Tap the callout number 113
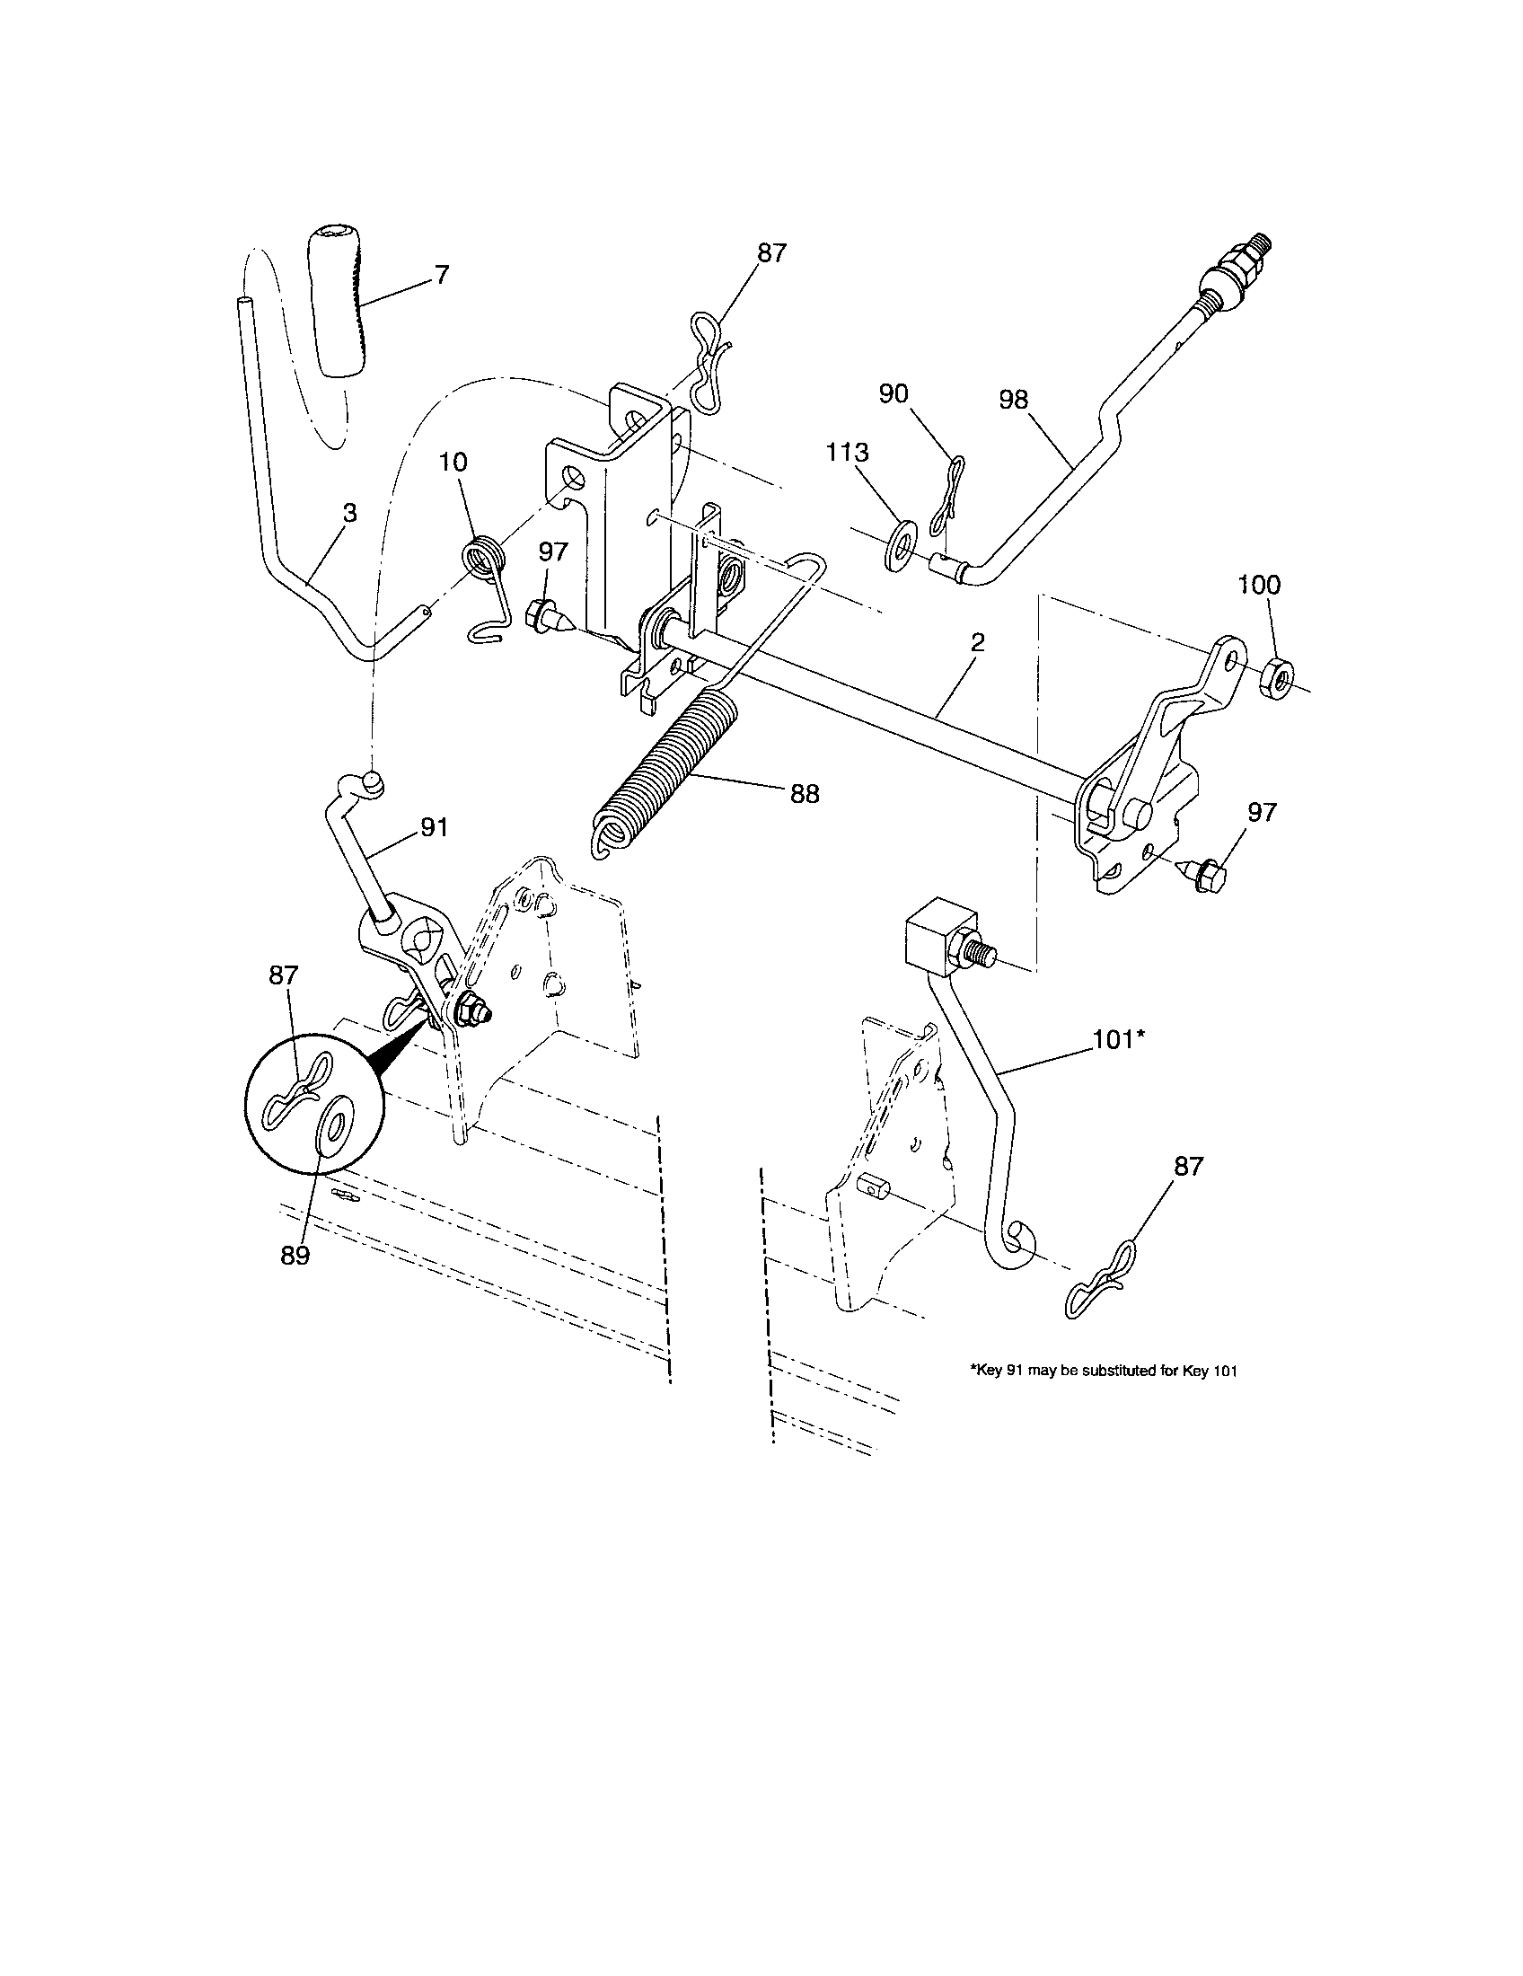tap(848, 453)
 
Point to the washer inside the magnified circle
tap(337, 1126)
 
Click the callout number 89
tap(295, 1256)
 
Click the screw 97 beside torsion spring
tap(548, 616)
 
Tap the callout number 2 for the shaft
tap(977, 643)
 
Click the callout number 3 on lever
tap(349, 513)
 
